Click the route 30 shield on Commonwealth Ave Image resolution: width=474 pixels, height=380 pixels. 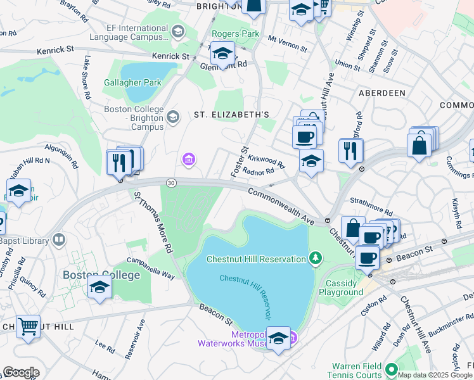171,183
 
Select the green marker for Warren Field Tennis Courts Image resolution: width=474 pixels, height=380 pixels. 391,368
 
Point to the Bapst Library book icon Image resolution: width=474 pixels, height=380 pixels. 59,240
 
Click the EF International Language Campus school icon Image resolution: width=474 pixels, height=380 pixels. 178,31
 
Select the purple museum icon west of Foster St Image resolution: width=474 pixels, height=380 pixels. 188,158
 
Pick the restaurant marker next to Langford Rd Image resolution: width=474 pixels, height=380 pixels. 350,150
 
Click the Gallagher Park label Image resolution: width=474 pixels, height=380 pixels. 134,82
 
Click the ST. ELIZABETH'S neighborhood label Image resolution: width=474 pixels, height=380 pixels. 232,115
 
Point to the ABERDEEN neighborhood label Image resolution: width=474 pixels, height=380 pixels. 381,93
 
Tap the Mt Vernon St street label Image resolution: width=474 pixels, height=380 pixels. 287,44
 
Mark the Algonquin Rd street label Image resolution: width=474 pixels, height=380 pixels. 61,156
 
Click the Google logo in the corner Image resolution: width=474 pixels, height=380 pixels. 20,372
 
